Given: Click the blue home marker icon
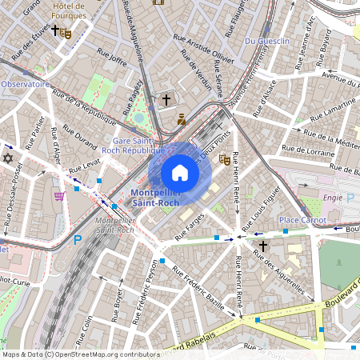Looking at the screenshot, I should click(x=180, y=172).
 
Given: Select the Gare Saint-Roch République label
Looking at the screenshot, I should click(x=134, y=145).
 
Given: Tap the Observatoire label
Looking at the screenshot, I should click(x=25, y=83).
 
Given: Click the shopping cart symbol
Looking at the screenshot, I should click(x=58, y=195).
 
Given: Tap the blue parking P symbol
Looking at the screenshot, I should click(x=78, y=238).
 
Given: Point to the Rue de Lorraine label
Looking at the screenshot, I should click(x=308, y=150).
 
